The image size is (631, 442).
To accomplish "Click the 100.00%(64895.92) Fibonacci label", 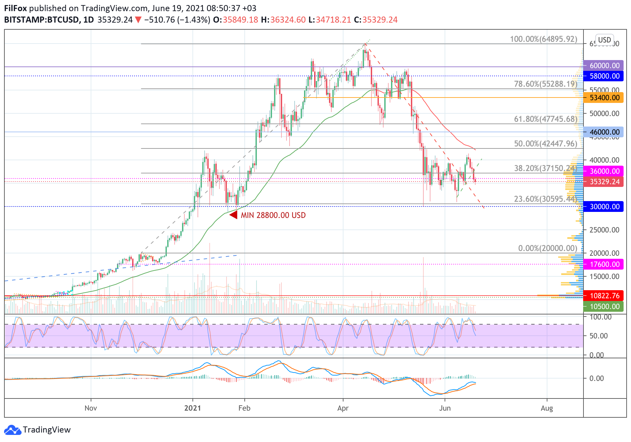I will (543, 39).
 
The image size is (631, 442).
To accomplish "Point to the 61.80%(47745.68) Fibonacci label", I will (545, 119).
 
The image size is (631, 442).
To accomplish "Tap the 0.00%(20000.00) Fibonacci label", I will (547, 248).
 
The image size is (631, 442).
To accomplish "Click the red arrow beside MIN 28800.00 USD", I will (233, 215).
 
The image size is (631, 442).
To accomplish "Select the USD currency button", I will (604, 40).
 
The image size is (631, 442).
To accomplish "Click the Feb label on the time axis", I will (244, 408).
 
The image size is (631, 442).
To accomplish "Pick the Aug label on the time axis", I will (547, 408).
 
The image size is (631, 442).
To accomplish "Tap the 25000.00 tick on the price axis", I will (604, 230).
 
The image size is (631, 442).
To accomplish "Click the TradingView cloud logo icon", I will (12, 430).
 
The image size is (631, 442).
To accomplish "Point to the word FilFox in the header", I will (16, 8).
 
